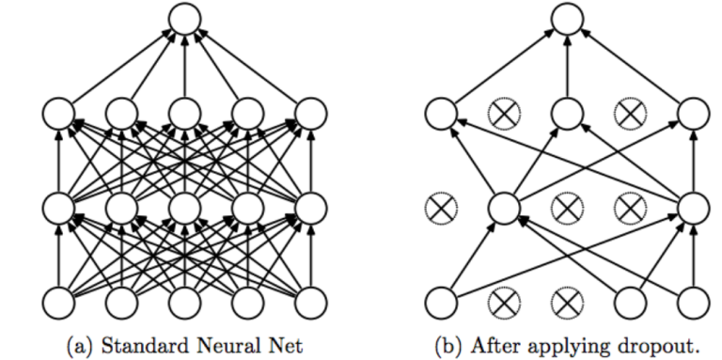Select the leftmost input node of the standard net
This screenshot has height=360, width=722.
[x=58, y=303]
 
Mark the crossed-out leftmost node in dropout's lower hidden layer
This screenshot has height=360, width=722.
[x=439, y=206]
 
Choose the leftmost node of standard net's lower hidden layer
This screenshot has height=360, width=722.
[x=58, y=206]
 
